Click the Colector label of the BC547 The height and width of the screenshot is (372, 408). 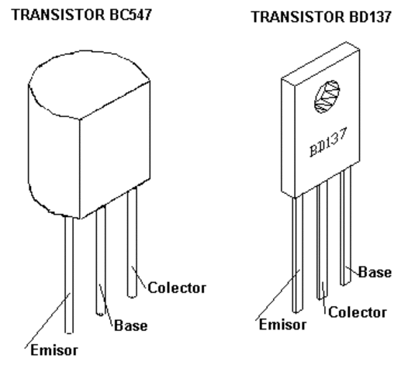pos(177,288)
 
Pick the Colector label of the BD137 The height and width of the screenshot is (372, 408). pos(355,312)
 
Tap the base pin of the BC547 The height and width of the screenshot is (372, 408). pos(100,263)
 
